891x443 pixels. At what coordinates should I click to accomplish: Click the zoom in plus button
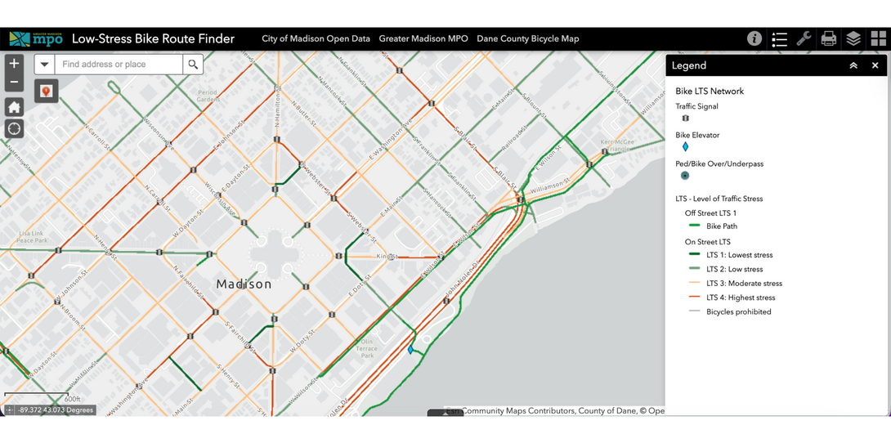(x=14, y=64)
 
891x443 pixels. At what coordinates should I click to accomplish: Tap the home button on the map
(x=14, y=107)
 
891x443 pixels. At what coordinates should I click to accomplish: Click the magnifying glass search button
(x=193, y=65)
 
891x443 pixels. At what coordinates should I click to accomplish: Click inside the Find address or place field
(x=119, y=65)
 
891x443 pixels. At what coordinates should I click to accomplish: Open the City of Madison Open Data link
(x=316, y=38)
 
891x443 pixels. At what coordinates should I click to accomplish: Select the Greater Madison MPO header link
(x=423, y=38)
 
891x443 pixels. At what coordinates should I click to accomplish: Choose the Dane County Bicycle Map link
(x=527, y=38)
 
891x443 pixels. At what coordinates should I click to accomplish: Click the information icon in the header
(x=754, y=38)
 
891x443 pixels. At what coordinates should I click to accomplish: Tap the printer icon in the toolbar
(x=828, y=38)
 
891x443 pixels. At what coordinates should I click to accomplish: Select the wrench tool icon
(x=804, y=38)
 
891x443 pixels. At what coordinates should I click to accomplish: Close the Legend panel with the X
(x=875, y=65)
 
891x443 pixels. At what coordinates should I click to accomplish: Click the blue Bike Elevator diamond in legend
(x=685, y=147)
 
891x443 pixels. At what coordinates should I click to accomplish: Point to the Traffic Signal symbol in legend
(x=685, y=119)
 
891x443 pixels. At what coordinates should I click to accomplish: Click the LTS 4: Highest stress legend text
(x=741, y=298)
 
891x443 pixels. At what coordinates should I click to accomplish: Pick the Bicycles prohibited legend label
(x=738, y=311)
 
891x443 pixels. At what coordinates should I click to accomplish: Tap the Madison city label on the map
(x=244, y=284)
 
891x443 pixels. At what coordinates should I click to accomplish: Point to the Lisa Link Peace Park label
(x=32, y=237)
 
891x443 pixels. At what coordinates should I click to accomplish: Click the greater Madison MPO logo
(x=36, y=38)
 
